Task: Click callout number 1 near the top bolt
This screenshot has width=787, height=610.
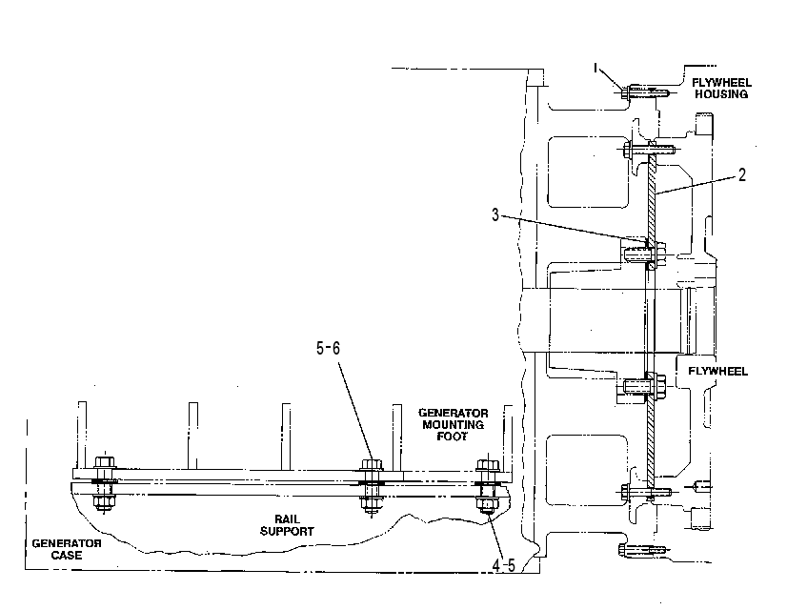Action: coord(595,68)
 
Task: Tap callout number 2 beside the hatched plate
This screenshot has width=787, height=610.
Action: coord(742,174)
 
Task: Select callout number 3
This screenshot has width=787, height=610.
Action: coord(495,214)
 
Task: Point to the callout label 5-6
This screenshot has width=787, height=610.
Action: coord(329,348)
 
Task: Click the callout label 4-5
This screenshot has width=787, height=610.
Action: coord(503,566)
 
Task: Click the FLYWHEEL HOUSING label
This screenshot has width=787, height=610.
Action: coord(721,89)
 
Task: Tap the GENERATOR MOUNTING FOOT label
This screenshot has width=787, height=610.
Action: coord(453,425)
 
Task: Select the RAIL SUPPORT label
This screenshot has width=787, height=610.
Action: coord(287,525)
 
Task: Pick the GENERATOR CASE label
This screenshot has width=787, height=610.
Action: coord(67,549)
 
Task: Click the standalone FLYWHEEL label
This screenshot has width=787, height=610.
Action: coord(717,371)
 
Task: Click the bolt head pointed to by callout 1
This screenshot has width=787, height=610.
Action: coord(625,92)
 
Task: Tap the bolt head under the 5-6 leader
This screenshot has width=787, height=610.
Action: coord(372,464)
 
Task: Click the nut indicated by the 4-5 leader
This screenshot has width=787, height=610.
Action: coord(486,504)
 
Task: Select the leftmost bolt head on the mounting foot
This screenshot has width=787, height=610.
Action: coord(105,462)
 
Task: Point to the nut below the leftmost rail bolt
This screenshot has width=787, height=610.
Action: coord(104,501)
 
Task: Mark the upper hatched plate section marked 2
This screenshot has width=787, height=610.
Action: coord(652,198)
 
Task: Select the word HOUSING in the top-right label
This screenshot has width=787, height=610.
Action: coord(721,94)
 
